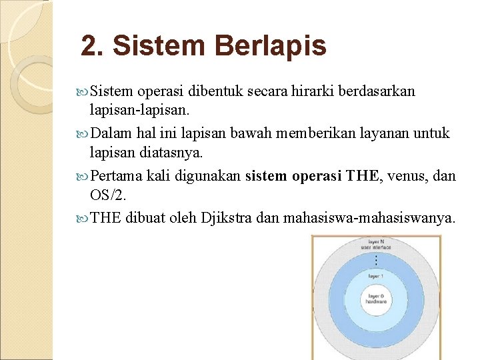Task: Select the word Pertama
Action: click(x=114, y=176)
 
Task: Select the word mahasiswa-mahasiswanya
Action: click(x=369, y=218)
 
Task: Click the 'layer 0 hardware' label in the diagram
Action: click(x=376, y=299)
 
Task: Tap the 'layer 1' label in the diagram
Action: click(x=376, y=275)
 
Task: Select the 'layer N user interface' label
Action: click(x=376, y=245)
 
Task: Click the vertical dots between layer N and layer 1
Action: click(x=376, y=259)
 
